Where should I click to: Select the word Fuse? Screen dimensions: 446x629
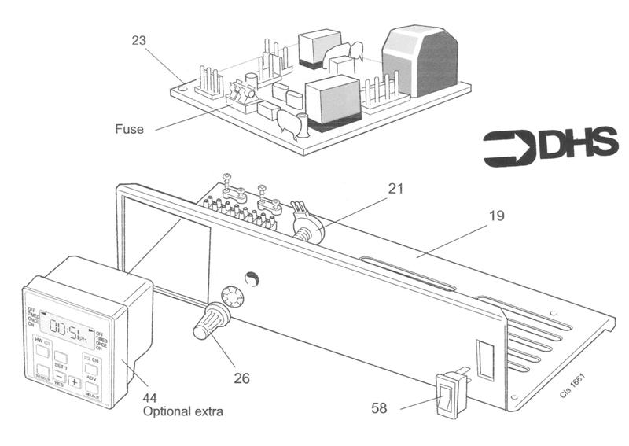[x=129, y=129]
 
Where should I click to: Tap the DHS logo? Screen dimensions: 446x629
[x=550, y=147]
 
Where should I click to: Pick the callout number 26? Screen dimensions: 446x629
[x=241, y=378]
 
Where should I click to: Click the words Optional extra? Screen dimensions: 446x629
[x=183, y=411]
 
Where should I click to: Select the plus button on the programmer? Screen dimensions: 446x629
[x=74, y=381]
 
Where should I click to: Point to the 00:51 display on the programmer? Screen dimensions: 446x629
[x=68, y=325]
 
